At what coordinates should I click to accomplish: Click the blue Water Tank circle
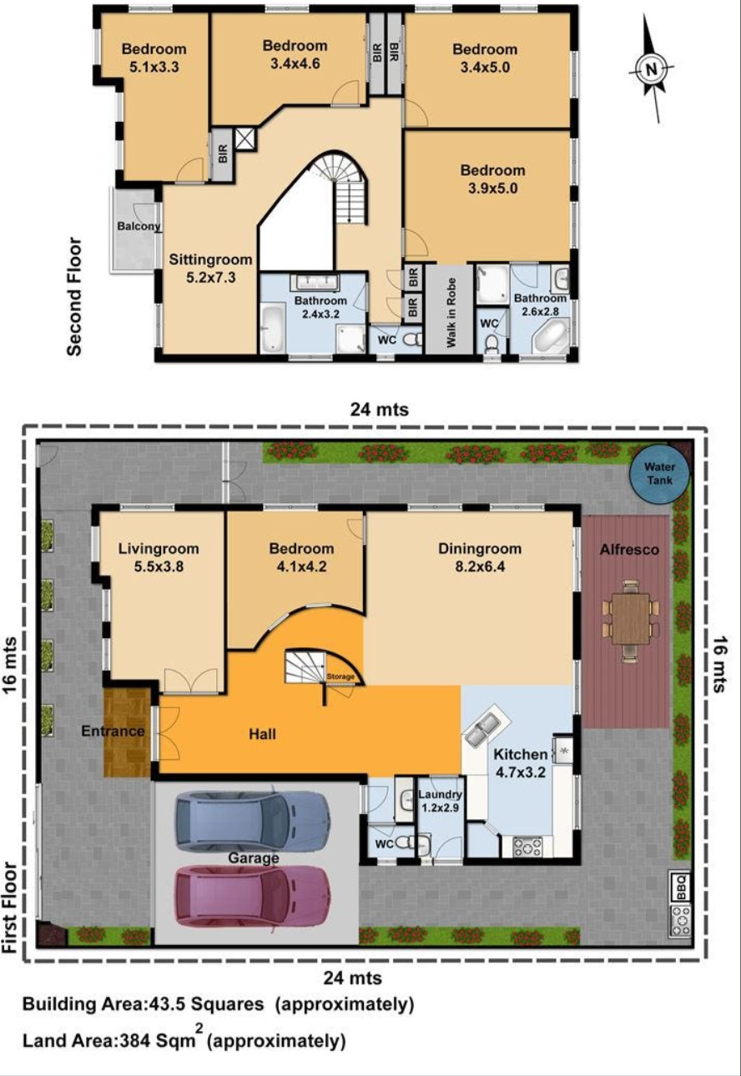click(x=660, y=473)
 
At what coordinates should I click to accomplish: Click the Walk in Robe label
click(x=451, y=312)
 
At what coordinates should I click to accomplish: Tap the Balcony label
click(x=139, y=226)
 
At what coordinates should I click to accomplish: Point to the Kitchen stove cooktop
click(x=527, y=847)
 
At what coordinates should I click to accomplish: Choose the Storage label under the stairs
click(x=340, y=676)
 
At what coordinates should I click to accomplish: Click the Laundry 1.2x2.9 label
click(x=441, y=802)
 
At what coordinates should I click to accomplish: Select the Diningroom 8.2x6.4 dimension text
click(x=480, y=566)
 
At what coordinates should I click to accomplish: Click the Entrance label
click(x=113, y=731)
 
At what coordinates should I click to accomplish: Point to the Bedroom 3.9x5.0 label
click(x=492, y=178)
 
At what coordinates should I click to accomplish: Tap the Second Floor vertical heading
click(x=74, y=297)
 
